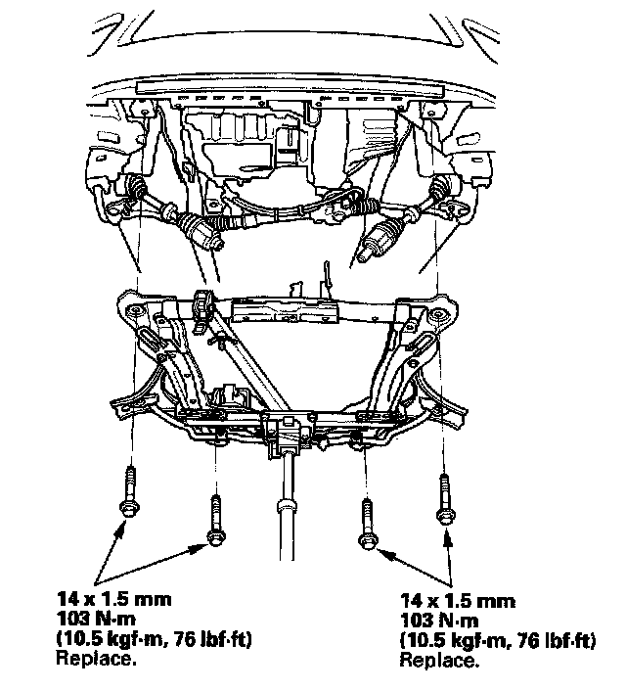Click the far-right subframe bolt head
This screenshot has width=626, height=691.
pyautogui.click(x=445, y=515)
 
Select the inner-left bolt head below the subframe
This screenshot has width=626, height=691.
pyautogui.click(x=216, y=537)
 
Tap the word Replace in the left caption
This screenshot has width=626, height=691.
pyautogui.click(x=93, y=659)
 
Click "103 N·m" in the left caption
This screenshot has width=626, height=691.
pyautogui.click(x=96, y=620)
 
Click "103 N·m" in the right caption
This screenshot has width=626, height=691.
pyautogui.click(x=439, y=621)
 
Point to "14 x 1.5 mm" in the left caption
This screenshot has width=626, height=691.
pyautogui.click(x=113, y=599)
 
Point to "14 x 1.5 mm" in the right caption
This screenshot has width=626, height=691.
pyautogui.click(x=458, y=601)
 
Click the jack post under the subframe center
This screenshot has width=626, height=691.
pyautogui.click(x=287, y=507)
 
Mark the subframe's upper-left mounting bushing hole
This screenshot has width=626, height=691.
pyautogui.click(x=135, y=312)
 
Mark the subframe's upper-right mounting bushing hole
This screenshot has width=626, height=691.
pyautogui.click(x=437, y=314)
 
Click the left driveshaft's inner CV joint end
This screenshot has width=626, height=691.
pyautogui.click(x=215, y=240)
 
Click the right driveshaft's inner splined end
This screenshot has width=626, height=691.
pyautogui.click(x=365, y=254)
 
